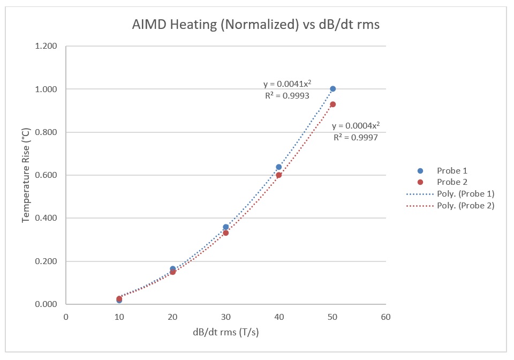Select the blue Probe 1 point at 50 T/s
[332, 89]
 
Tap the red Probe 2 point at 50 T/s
[332, 104]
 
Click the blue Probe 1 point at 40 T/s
[279, 167]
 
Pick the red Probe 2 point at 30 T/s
[226, 232]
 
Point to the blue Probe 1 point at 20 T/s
[172, 269]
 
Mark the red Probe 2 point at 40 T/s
[279, 175]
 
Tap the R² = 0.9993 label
[287, 96]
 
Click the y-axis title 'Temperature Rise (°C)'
[26, 175]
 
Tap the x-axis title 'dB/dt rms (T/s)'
[225, 332]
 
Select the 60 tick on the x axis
[385, 317]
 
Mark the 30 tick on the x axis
[225, 317]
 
